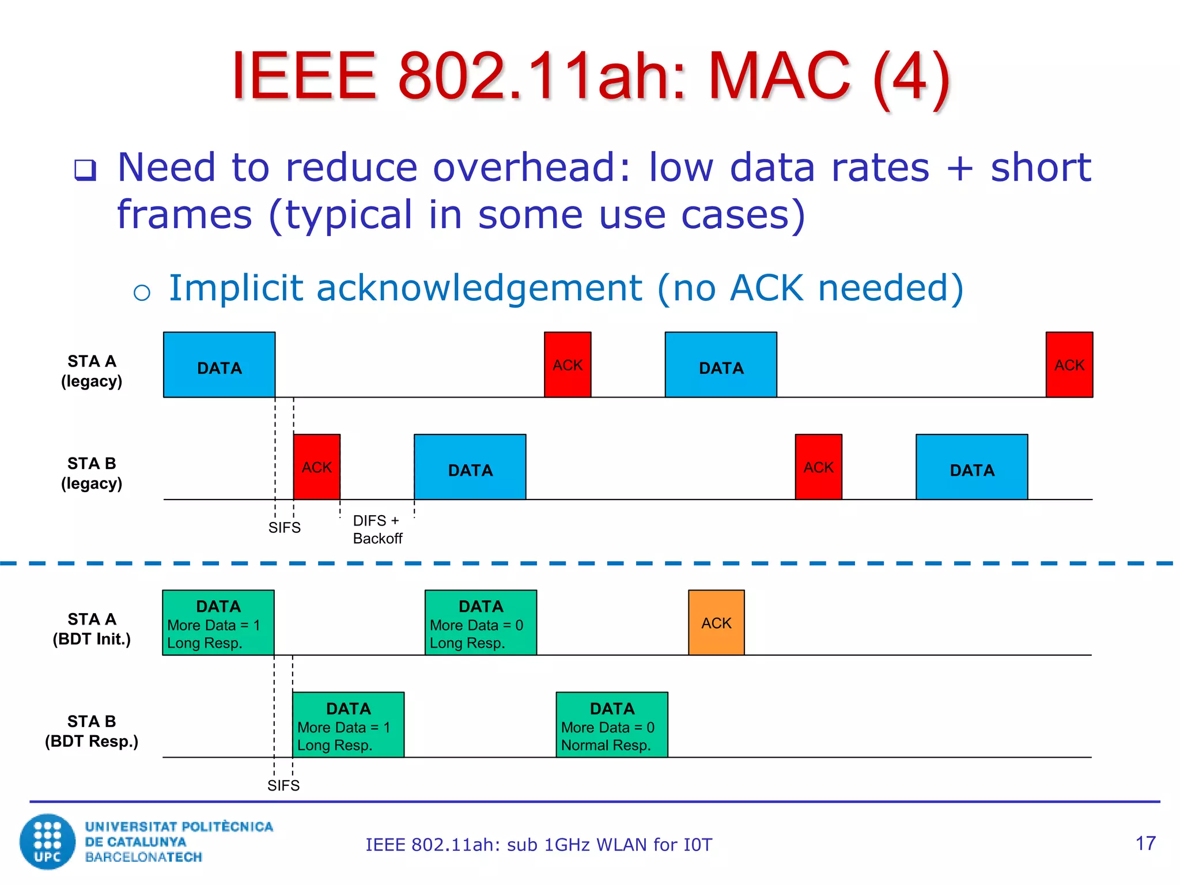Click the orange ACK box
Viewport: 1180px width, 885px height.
point(716,622)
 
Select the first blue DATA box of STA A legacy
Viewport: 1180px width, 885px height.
point(219,365)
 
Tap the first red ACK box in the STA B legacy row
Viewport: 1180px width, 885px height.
point(316,467)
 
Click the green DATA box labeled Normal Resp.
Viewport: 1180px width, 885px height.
point(611,725)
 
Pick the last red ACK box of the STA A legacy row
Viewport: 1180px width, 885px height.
point(1069,365)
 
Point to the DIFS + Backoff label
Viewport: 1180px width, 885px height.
point(377,529)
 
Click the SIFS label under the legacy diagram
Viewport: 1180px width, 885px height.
point(284,527)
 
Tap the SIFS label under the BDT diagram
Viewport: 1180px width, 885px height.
point(283,785)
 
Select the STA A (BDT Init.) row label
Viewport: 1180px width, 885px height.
point(92,629)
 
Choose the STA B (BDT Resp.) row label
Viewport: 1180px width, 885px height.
point(92,731)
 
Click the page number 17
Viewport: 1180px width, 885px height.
point(1145,844)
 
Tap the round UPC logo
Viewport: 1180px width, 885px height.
point(47,841)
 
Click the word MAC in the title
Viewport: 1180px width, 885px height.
point(779,76)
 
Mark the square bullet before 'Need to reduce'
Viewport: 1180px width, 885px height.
point(85,170)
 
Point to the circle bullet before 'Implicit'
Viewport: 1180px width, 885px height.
point(142,293)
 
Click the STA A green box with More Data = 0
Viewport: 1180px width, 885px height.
point(481,622)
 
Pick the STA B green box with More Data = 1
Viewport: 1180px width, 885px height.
point(348,725)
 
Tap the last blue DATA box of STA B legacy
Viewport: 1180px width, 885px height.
point(971,467)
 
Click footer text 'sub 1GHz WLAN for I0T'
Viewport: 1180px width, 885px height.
point(610,845)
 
